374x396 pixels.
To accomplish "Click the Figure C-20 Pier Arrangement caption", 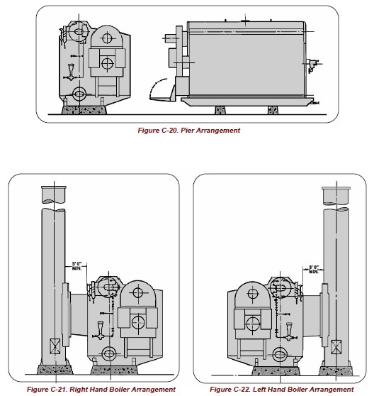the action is (x=188, y=131).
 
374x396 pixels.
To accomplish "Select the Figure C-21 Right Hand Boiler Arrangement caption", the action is (x=101, y=389).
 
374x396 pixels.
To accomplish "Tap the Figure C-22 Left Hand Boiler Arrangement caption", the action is (x=282, y=389).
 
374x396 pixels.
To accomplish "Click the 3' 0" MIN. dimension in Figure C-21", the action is (x=77, y=266).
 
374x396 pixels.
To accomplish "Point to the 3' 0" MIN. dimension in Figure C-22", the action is (x=314, y=269).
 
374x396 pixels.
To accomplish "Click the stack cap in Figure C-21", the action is (x=54, y=194).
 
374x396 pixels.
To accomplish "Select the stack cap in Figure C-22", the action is (x=336, y=196).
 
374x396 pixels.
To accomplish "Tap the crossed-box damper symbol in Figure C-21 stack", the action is (x=55, y=346).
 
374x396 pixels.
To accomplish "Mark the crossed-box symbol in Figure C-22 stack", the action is (x=336, y=347).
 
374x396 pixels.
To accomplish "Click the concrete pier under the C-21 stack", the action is (x=55, y=370).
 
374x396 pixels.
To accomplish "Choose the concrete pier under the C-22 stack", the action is (x=336, y=370).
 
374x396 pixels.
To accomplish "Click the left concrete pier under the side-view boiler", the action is (x=220, y=110).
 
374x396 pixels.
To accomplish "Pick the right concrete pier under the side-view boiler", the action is (x=273, y=110).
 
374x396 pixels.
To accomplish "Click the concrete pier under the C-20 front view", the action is (x=84, y=110).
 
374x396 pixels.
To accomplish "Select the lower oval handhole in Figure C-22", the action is (x=280, y=354).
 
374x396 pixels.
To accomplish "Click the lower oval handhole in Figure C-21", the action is (x=109, y=353).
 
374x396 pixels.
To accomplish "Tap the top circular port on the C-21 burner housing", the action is (x=138, y=292).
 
